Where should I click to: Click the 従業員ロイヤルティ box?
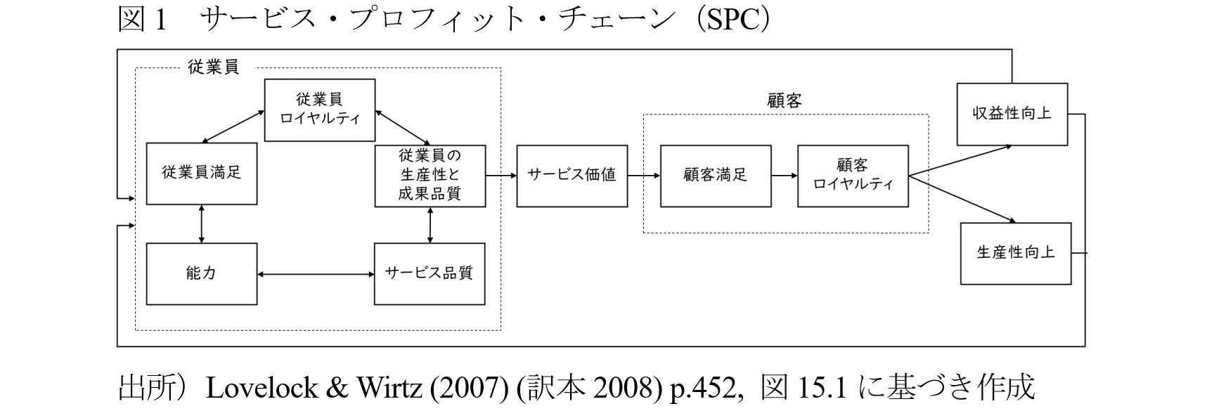(320, 110)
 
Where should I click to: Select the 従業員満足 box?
(202, 174)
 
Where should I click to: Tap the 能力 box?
(202, 274)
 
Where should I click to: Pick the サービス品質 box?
(429, 274)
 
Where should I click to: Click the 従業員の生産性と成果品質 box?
(430, 176)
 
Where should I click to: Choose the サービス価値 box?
(571, 176)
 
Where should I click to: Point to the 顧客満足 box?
(716, 176)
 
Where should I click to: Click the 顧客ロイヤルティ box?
(853, 176)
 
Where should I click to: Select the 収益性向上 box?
(1012, 114)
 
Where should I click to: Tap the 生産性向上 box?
(1016, 254)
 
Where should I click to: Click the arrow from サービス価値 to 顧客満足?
(644, 176)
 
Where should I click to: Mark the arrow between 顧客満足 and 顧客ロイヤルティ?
(784, 176)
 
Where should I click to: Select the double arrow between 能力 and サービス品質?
(316, 274)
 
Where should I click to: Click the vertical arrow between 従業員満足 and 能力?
(202, 224)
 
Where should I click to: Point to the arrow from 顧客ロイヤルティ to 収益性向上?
(960, 161)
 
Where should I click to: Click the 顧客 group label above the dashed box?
(784, 101)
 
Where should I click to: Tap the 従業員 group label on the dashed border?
(214, 67)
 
